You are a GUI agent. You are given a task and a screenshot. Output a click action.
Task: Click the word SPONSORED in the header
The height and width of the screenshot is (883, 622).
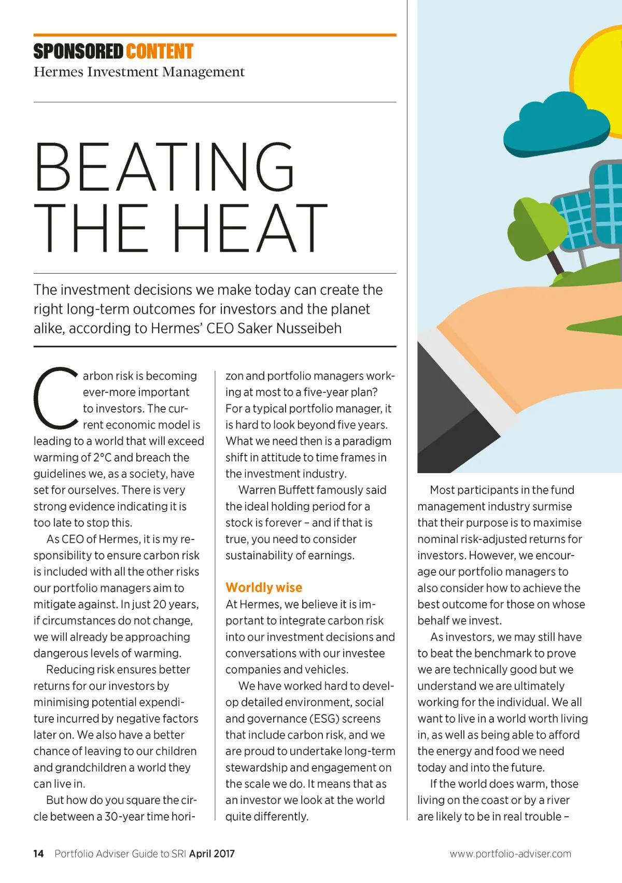point(78,52)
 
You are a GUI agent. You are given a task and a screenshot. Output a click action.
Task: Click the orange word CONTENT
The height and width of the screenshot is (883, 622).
point(159,52)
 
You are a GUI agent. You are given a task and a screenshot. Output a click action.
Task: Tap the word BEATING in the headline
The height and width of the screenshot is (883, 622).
point(165,167)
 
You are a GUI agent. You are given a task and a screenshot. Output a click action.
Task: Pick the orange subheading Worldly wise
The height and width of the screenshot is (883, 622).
point(264,588)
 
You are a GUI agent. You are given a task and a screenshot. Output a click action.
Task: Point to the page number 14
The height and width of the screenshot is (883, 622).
point(38,853)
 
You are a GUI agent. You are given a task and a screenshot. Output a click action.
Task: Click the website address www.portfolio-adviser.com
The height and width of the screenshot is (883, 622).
point(510,853)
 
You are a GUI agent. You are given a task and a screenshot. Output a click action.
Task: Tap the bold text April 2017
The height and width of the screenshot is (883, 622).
point(211,853)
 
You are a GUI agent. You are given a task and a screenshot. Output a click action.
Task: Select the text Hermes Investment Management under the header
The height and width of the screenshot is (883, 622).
point(139,72)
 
